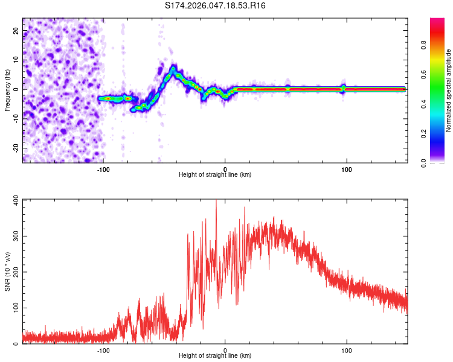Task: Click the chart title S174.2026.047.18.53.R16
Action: click(216, 5)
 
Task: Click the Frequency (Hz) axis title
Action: click(7, 91)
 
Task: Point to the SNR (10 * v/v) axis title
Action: click(7, 271)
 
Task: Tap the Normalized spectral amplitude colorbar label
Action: click(449, 91)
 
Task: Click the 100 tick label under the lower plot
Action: click(347, 350)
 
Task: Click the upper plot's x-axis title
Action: click(215, 175)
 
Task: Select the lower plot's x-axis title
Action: click(215, 356)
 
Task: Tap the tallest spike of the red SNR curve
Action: click(216, 201)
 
